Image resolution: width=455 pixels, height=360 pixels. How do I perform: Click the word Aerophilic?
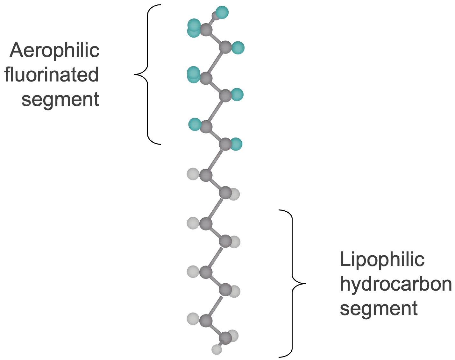54,50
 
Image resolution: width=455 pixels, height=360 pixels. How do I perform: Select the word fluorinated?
51,75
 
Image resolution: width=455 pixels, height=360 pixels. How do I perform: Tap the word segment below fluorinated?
60,99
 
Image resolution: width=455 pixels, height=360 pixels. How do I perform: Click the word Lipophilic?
382,259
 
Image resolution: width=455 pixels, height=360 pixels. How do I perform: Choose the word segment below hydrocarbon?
379,308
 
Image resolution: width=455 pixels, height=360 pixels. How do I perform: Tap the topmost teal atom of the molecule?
222,12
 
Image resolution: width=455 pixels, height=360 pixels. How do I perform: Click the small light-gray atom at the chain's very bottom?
217,349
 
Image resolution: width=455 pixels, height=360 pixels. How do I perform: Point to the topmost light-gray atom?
193,174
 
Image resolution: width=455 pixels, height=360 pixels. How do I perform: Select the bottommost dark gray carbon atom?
225,338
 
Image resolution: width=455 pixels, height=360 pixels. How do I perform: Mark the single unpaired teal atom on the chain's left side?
195,124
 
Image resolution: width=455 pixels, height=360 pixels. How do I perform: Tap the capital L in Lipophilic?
344,259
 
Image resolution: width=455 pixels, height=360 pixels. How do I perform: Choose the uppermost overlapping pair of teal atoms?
194,28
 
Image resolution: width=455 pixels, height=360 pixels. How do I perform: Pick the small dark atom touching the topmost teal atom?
216,16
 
